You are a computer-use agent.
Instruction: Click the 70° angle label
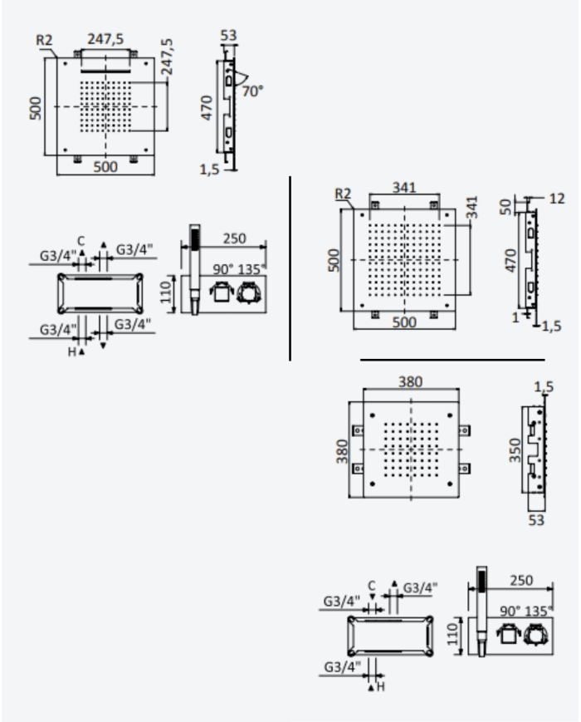pyautogui.click(x=252, y=91)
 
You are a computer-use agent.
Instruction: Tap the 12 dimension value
pyautogui.click(x=557, y=199)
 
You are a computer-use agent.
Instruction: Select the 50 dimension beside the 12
pyautogui.click(x=506, y=207)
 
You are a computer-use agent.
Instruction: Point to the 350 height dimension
pyautogui.click(x=515, y=449)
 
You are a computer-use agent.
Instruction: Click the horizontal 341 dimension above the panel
pyautogui.click(x=404, y=188)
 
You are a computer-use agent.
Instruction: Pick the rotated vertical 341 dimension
pyautogui.click(x=471, y=207)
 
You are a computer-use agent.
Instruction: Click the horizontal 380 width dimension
pyautogui.click(x=410, y=381)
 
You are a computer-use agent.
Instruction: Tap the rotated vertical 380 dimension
pyautogui.click(x=342, y=451)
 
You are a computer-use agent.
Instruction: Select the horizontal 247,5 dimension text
pyautogui.click(x=105, y=39)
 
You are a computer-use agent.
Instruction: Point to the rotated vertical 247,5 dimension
pyautogui.click(x=167, y=56)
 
